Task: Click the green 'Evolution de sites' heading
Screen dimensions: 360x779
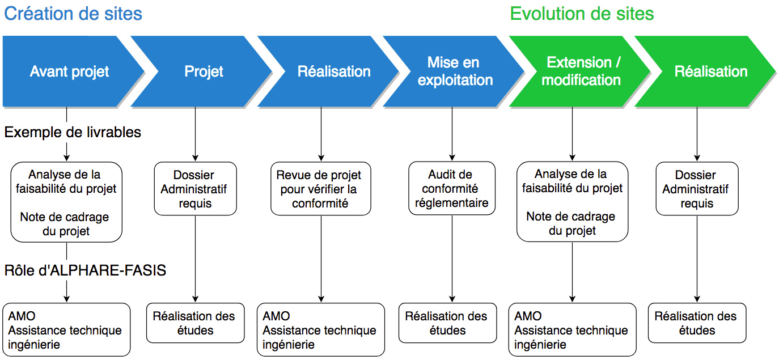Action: pyautogui.click(x=582, y=13)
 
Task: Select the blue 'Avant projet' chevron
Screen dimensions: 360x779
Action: pyautogui.click(x=69, y=71)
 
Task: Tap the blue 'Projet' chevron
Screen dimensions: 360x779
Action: pyautogui.click(x=204, y=71)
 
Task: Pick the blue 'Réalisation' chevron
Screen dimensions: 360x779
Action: pyautogui.click(x=333, y=71)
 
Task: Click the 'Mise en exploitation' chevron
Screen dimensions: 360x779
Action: pyautogui.click(x=455, y=71)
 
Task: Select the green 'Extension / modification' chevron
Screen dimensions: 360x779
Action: pyautogui.click(x=581, y=71)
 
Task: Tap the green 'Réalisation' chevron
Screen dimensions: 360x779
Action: pyautogui.click(x=710, y=71)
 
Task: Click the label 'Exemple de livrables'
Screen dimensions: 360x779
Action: pyautogui.click(x=73, y=132)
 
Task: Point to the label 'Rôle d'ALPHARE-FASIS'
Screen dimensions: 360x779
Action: pyautogui.click(x=85, y=270)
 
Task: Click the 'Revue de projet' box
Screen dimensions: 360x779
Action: pyautogui.click(x=321, y=189)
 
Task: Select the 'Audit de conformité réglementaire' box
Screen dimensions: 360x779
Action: pyautogui.click(x=451, y=189)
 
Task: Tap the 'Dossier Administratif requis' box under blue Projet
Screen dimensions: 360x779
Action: pyautogui.click(x=196, y=189)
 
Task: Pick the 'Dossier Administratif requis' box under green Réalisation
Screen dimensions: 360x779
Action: pyautogui.click(x=697, y=189)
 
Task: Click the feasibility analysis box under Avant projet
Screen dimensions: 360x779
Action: pyautogui.click(x=66, y=202)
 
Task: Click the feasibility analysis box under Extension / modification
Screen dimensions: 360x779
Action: pyautogui.click(x=572, y=202)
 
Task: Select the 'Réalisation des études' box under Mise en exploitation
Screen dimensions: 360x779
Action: pyautogui.click(x=446, y=323)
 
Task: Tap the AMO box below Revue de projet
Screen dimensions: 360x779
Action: pyautogui.click(x=320, y=329)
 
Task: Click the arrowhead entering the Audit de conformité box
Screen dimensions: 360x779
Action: pyautogui.click(x=452, y=158)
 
